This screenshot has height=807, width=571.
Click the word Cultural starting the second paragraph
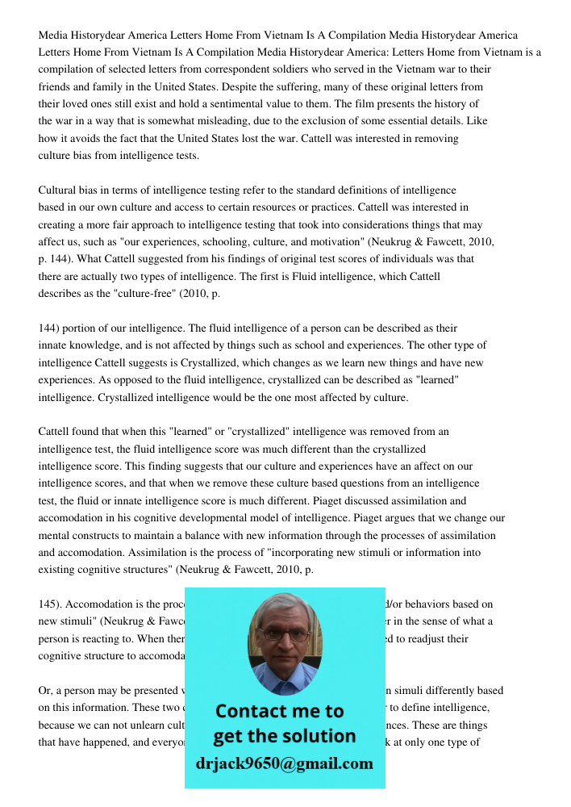pos(60,190)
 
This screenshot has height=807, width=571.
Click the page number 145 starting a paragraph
pos(51,604)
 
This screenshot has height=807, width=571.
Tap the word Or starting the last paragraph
pos(44,691)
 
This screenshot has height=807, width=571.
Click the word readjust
pos(427,638)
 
